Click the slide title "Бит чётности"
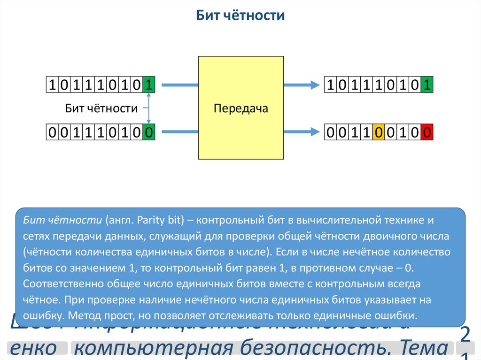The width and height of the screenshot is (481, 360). tap(240, 16)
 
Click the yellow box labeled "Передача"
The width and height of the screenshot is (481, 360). tap(240, 108)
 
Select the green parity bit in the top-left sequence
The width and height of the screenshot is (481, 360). tap(148, 85)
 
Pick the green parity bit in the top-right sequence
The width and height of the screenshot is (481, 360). tap(427, 85)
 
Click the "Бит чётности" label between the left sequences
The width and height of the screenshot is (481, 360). tap(101, 109)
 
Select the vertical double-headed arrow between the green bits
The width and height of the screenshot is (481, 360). tap(148, 109)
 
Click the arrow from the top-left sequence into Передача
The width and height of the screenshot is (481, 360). tap(179, 85)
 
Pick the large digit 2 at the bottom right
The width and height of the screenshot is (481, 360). tap(465, 336)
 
